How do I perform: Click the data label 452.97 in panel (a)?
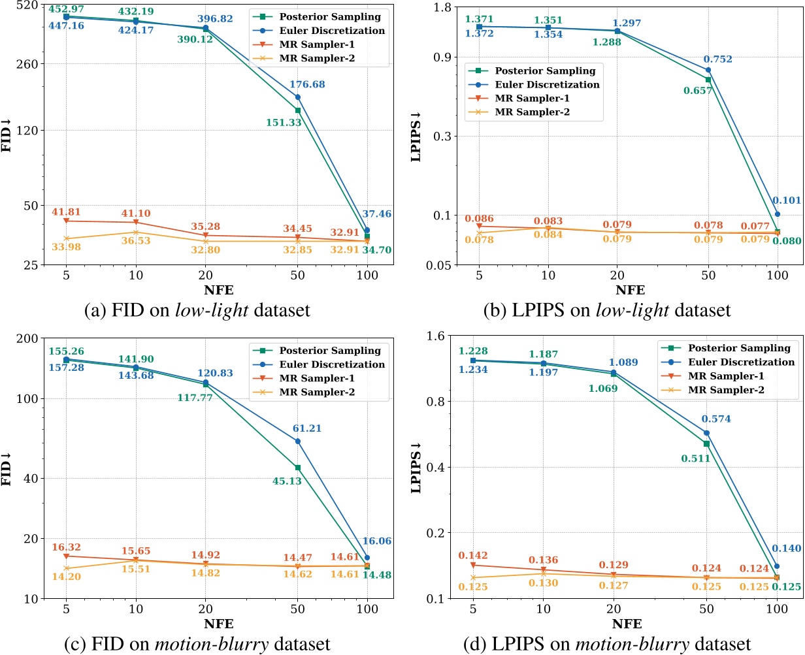(66, 8)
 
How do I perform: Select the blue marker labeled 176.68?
(298, 97)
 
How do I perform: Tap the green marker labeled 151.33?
(298, 110)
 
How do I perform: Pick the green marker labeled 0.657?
(708, 80)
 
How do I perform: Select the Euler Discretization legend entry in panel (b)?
(546, 84)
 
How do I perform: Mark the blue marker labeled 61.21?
(298, 441)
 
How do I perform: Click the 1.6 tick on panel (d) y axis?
(439, 336)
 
